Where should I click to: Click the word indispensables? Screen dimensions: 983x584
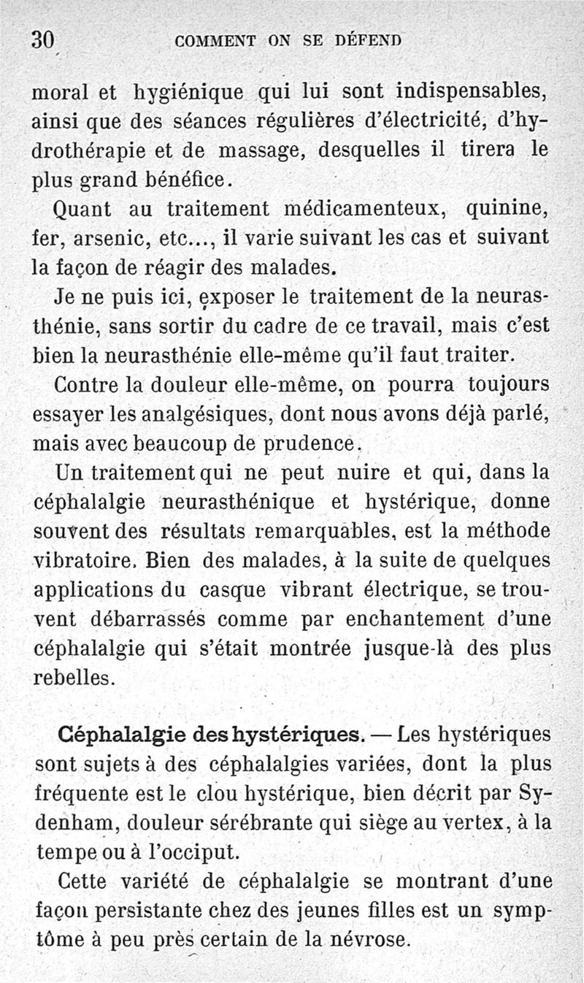point(472,93)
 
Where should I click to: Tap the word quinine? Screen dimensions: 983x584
point(507,210)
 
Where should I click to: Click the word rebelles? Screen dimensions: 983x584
point(74,677)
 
